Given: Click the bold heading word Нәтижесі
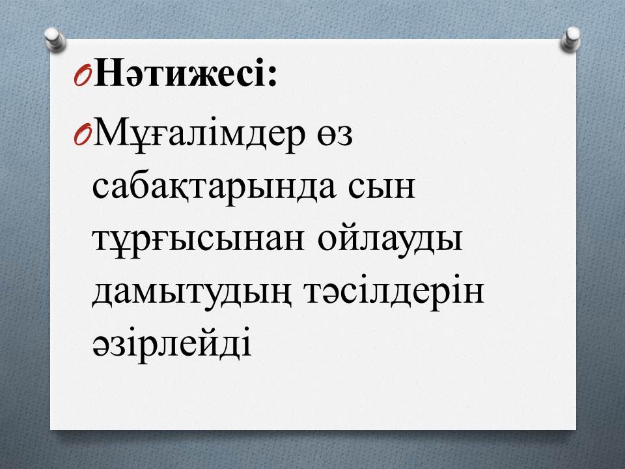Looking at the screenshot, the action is [180, 72].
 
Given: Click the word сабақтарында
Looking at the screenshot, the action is [214, 188].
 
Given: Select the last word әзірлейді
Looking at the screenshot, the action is [172, 342].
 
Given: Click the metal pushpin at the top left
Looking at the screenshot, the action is [55, 40].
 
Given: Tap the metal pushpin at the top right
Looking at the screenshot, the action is [570, 39].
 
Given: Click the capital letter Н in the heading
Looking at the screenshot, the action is [107, 72].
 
